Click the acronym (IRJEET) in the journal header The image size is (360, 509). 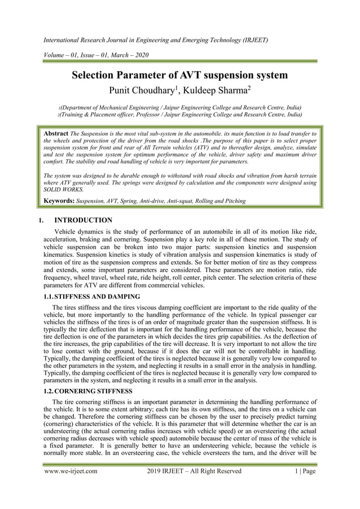(x=252, y=41)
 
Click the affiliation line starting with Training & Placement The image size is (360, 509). (x=180, y=114)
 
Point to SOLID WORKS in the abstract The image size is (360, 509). (x=63, y=190)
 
